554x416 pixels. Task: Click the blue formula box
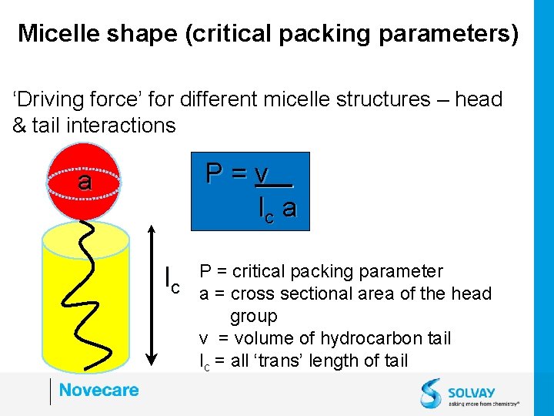coord(250,191)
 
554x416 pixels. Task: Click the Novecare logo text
coord(98,390)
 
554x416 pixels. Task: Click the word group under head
coord(254,316)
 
